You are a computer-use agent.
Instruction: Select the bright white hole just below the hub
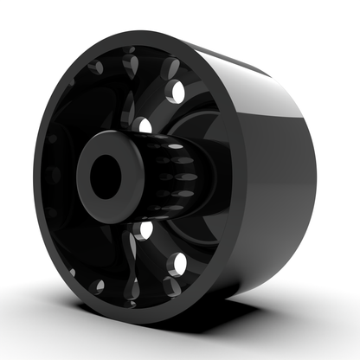pos(145,230)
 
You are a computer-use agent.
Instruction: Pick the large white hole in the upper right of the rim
pos(178,91)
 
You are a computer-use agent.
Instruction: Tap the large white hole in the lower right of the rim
pos(179,263)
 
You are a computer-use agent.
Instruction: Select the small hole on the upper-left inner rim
pos(97,68)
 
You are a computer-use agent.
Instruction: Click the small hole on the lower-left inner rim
pos(99,285)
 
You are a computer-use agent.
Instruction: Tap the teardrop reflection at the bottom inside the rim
pos(131,290)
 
